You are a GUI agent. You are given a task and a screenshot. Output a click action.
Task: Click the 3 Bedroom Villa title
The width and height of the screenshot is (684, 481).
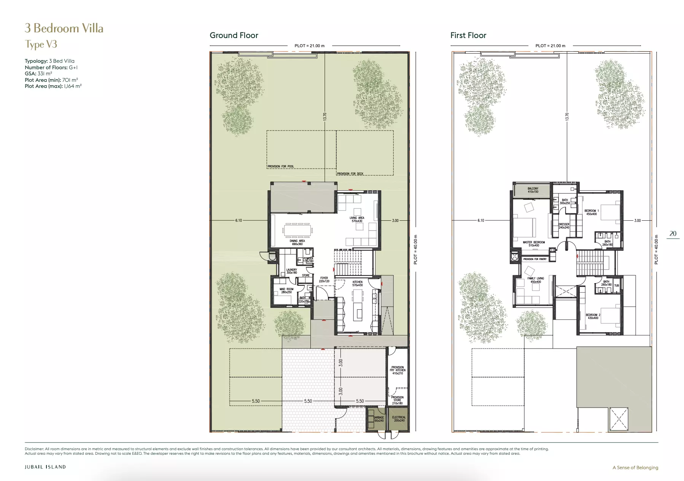click(x=64, y=29)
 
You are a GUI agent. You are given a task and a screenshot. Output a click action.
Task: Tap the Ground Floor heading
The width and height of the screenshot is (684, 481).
click(x=234, y=35)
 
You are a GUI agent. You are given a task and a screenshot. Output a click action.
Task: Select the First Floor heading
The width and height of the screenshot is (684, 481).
click(x=468, y=35)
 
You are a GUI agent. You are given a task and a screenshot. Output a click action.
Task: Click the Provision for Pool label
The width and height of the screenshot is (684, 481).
click(x=281, y=166)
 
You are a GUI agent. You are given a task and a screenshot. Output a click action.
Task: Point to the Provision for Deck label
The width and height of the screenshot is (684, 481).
click(x=350, y=174)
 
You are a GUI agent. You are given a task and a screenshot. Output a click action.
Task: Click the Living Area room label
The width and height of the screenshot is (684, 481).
click(x=357, y=220)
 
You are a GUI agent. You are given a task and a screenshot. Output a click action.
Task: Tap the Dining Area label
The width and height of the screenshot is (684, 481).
click(x=297, y=242)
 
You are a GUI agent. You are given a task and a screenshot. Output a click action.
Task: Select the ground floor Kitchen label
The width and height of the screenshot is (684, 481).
click(x=357, y=284)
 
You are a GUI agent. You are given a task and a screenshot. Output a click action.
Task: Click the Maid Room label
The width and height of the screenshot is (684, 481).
click(x=287, y=291)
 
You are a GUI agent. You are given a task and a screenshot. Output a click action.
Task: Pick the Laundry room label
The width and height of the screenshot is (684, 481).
click(x=292, y=271)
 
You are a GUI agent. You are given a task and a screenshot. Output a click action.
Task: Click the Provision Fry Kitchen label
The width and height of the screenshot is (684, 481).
click(x=398, y=370)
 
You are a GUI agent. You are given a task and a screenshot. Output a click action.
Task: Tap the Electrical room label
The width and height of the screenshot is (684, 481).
click(x=399, y=419)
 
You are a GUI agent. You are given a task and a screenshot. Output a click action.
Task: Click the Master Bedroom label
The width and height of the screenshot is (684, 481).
click(x=533, y=244)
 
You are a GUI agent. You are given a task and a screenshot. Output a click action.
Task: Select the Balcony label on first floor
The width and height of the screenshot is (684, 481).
click(x=533, y=190)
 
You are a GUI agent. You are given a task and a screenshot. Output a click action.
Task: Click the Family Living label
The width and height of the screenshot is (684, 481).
click(x=536, y=280)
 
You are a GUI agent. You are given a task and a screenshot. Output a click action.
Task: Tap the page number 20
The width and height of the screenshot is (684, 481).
click(x=673, y=234)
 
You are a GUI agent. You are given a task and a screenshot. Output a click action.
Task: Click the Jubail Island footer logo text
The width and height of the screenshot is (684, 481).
click(x=45, y=467)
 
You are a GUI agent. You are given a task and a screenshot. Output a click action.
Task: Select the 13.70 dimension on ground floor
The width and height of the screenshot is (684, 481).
click(x=325, y=116)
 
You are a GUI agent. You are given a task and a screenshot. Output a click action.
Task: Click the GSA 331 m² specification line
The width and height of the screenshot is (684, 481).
click(x=38, y=73)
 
